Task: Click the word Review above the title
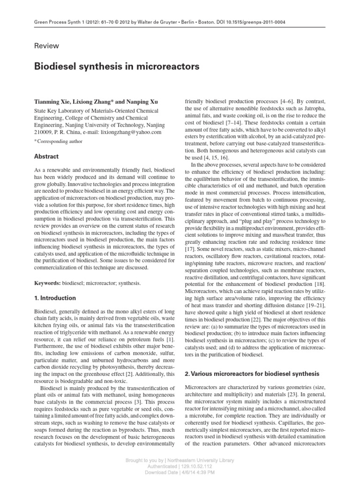[x=47, y=46]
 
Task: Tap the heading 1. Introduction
[x=55, y=298]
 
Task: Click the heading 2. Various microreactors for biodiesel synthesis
[x=252, y=374]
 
